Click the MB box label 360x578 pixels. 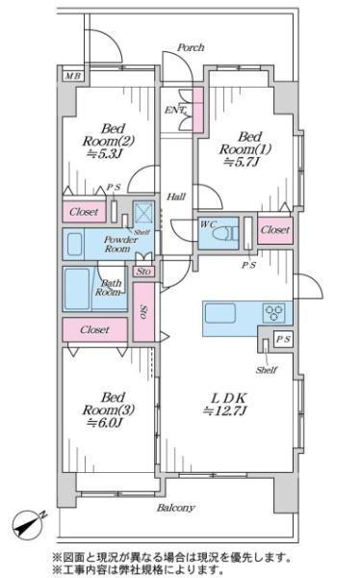click(72, 76)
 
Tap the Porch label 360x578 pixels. click(191, 47)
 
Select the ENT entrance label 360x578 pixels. click(175, 110)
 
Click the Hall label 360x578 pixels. click(176, 197)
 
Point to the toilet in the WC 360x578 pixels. click(224, 234)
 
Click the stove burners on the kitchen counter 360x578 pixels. click(273, 312)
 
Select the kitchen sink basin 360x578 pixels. click(220, 313)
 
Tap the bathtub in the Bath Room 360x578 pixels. click(77, 289)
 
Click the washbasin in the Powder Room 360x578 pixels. click(75, 244)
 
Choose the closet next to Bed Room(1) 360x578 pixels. click(275, 230)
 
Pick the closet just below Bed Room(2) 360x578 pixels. click(85, 212)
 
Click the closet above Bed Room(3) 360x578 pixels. click(95, 329)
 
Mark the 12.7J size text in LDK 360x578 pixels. click(225, 410)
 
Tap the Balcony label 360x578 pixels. click(176, 508)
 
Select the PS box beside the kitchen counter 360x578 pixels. click(283, 339)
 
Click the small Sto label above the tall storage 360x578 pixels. click(143, 272)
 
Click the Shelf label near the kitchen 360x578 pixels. click(266, 370)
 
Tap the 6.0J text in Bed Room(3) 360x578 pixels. click(104, 423)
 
